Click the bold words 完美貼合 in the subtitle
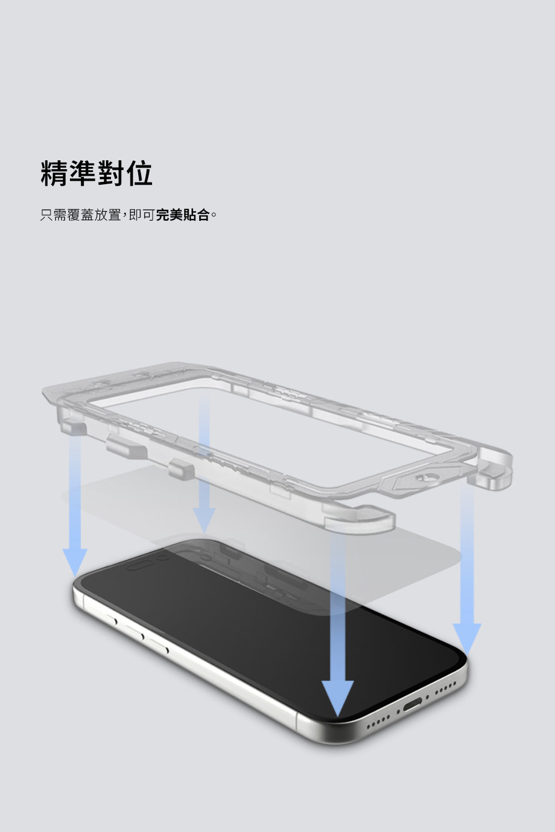(x=183, y=215)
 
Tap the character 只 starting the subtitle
(x=47, y=215)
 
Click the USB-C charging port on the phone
(x=412, y=703)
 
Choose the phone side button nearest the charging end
(x=159, y=646)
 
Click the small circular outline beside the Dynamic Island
(x=163, y=556)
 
